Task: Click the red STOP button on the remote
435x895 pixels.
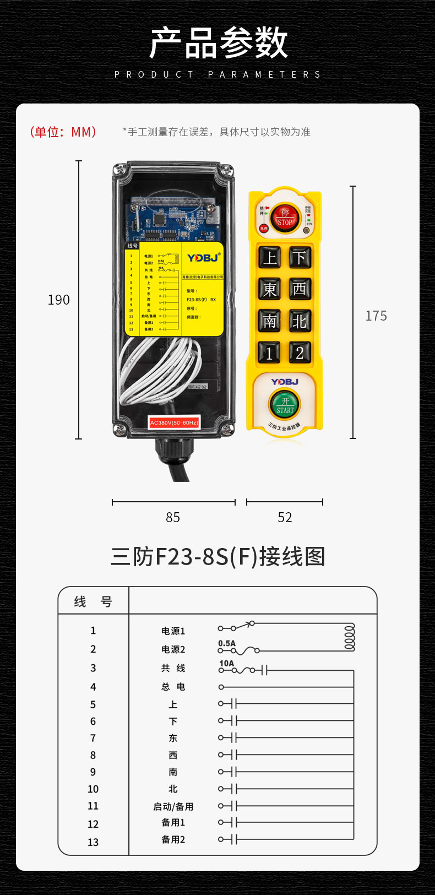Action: (285, 218)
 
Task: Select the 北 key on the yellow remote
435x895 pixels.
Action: (300, 321)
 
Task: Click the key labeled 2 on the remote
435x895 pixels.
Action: (300, 352)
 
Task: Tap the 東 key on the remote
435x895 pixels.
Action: (270, 289)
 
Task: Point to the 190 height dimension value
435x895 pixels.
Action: (59, 300)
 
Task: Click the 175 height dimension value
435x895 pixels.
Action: (376, 316)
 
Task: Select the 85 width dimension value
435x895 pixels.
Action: (173, 518)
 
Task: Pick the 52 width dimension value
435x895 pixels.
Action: (285, 518)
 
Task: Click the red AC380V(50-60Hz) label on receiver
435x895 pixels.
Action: (174, 422)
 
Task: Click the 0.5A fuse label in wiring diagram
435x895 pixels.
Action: (227, 643)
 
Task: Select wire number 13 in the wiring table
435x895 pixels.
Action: (93, 842)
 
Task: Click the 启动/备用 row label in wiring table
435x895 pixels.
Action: (173, 806)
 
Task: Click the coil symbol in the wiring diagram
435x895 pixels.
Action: (349, 637)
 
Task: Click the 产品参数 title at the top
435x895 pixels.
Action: (218, 43)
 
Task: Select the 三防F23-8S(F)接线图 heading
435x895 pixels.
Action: (218, 556)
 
